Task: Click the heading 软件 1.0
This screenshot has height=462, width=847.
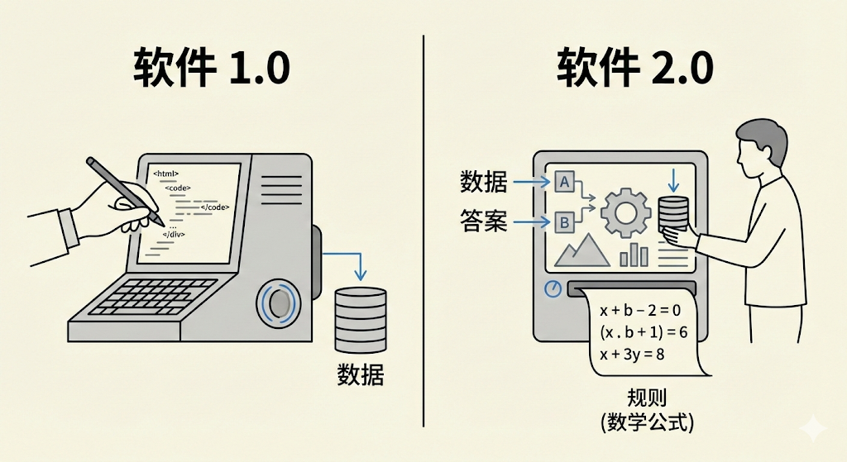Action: coord(212,68)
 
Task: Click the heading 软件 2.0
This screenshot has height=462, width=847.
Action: coord(635,68)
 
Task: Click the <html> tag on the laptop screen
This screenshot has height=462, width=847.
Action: coord(166,174)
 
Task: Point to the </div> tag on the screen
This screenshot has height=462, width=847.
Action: coord(173,235)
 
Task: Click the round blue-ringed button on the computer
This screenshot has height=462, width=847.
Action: coord(281,302)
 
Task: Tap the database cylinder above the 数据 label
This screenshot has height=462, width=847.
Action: coord(361,319)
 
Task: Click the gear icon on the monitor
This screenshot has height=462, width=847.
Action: coord(625,212)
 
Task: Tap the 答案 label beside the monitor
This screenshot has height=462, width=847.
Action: coord(484,221)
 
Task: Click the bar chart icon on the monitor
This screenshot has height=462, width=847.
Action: coord(634,254)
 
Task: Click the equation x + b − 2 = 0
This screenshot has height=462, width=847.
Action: coord(640,311)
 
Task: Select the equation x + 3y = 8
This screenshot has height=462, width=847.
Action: coord(632,354)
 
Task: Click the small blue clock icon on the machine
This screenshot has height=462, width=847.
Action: coord(553,288)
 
